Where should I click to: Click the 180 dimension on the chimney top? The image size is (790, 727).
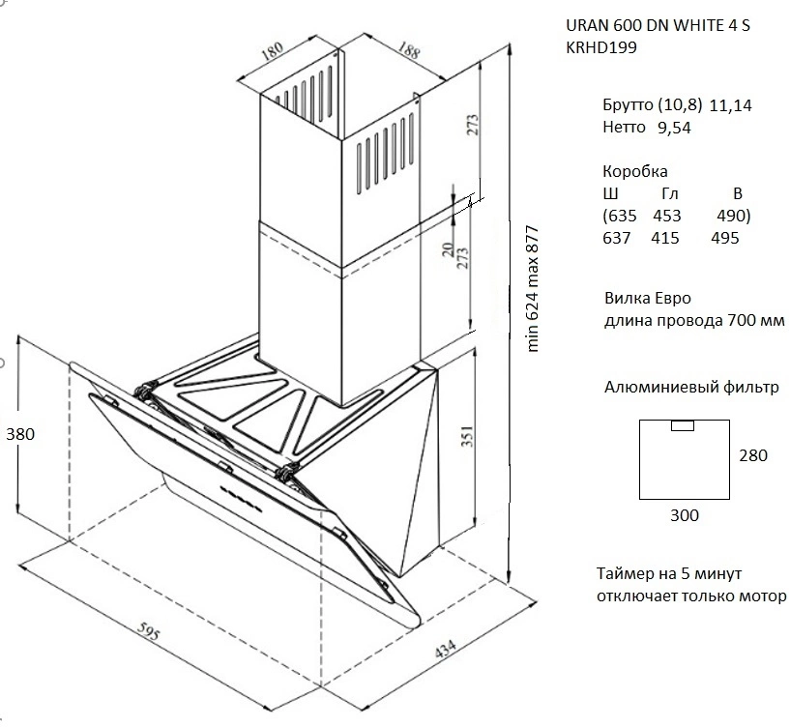(x=274, y=49)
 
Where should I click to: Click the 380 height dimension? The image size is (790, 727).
(x=18, y=434)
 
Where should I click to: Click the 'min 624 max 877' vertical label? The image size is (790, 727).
(x=532, y=290)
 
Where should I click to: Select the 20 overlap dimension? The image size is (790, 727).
(x=448, y=248)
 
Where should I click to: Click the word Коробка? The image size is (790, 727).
(x=634, y=171)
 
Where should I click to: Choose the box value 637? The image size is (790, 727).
(x=616, y=238)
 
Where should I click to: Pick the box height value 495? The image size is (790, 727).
(x=724, y=238)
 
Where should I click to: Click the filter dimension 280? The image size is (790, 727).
(x=752, y=455)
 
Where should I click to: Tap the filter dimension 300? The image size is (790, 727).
(x=684, y=514)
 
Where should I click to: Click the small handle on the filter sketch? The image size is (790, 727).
(x=682, y=425)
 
